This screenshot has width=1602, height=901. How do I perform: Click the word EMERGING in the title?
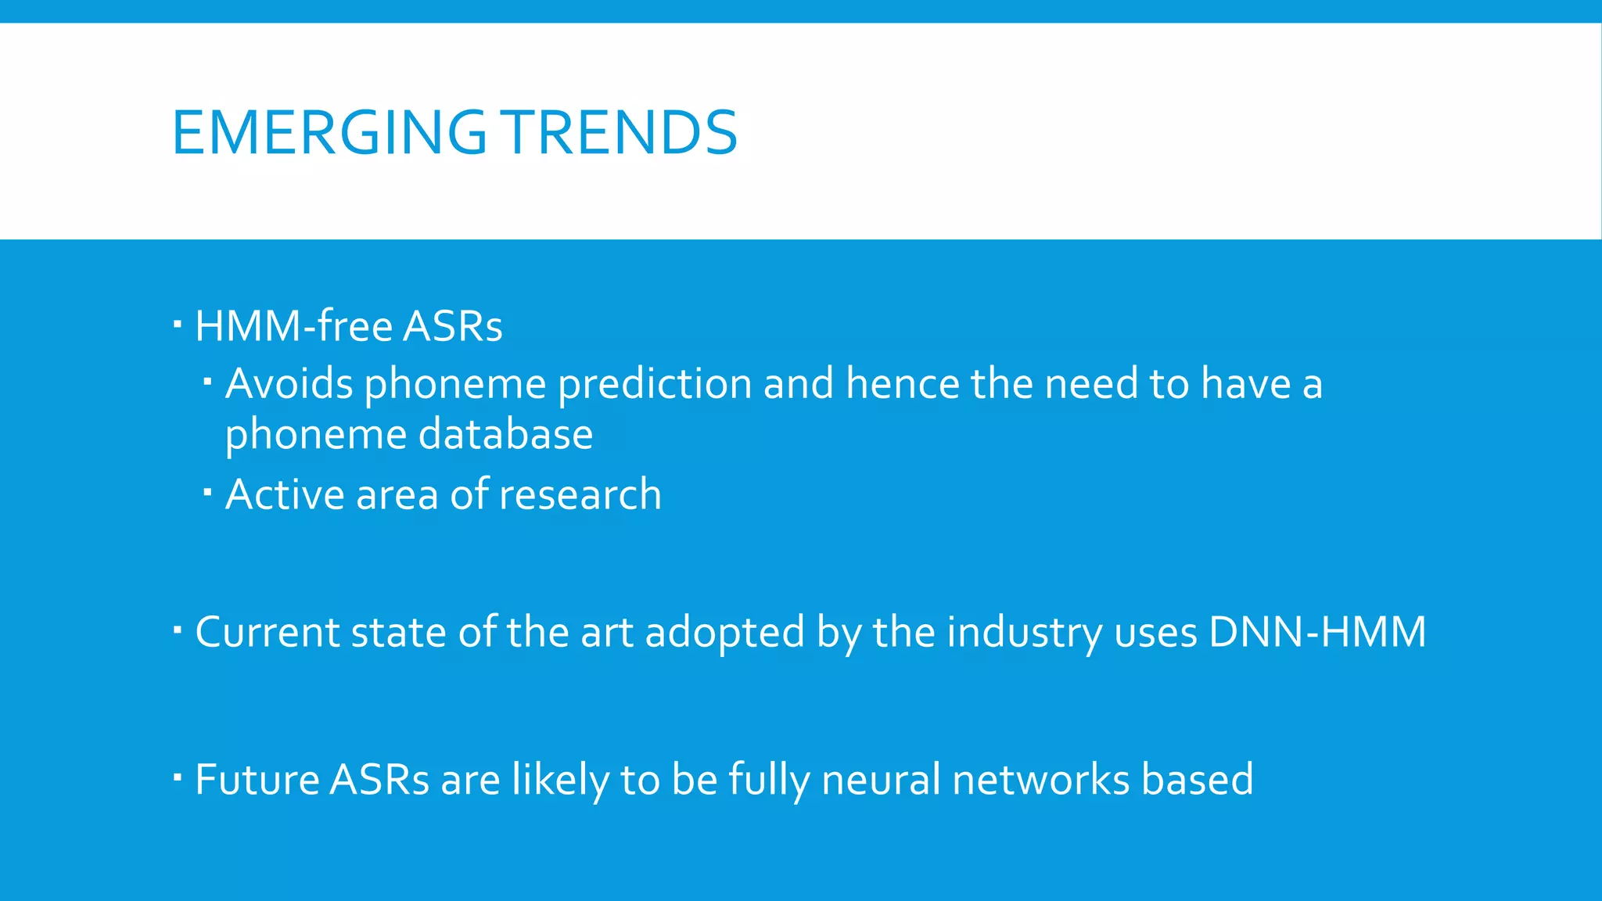[x=329, y=132]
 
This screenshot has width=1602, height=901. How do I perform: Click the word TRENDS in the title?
[x=619, y=132]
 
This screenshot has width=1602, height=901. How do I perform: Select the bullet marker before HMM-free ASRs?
[x=178, y=323]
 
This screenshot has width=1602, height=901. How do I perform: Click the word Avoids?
[x=289, y=384]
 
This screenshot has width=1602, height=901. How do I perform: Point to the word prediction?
[x=655, y=384]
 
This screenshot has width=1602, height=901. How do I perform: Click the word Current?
[x=267, y=632]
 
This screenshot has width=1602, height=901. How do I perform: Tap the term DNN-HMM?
[x=1317, y=632]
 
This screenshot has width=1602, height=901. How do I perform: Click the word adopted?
[x=724, y=632]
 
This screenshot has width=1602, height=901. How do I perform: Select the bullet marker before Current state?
[x=178, y=629]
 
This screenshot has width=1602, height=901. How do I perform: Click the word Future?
[x=257, y=780]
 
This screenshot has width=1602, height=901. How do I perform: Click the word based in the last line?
[x=1197, y=780]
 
